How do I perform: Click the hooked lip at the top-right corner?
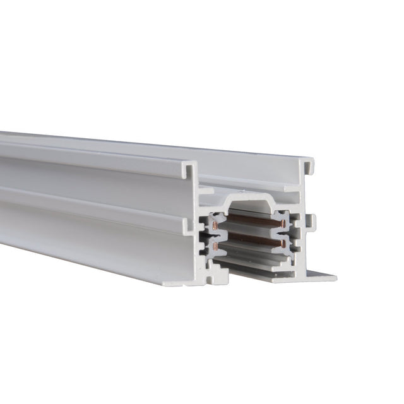309,165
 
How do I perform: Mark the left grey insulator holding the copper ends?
210,234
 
